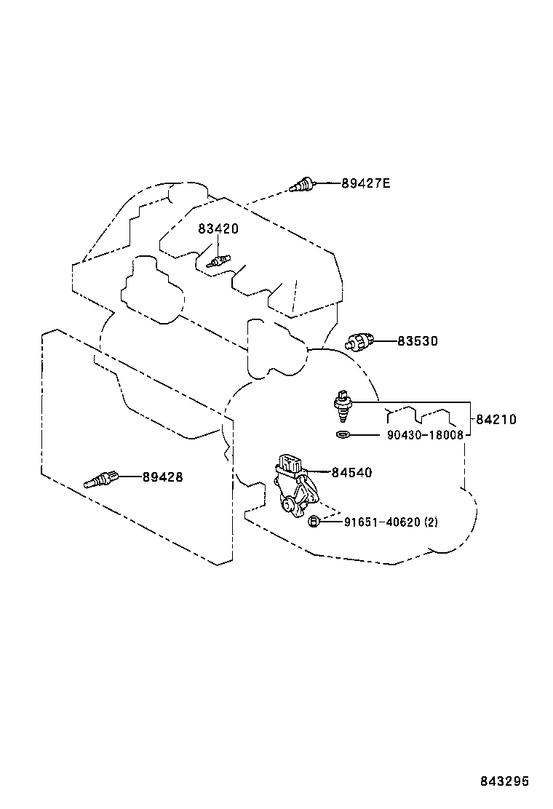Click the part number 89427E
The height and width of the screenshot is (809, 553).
pos(366,183)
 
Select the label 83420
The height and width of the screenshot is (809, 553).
pos(218,228)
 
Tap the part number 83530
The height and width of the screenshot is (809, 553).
pos(418,340)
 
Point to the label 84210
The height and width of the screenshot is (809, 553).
pos(496,419)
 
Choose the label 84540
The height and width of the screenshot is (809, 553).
pos(351,473)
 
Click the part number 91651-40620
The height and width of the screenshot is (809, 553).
pos(381,522)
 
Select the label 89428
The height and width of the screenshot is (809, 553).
pos(162,477)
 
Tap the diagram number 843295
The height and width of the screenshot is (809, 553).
pos(504,781)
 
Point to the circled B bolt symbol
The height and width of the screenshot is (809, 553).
pos(314,522)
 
